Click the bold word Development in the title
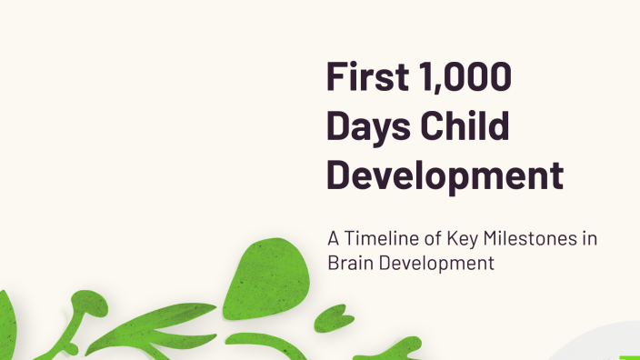click(x=445, y=175)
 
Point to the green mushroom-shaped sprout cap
click(x=88, y=303)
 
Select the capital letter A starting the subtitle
click(x=334, y=239)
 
